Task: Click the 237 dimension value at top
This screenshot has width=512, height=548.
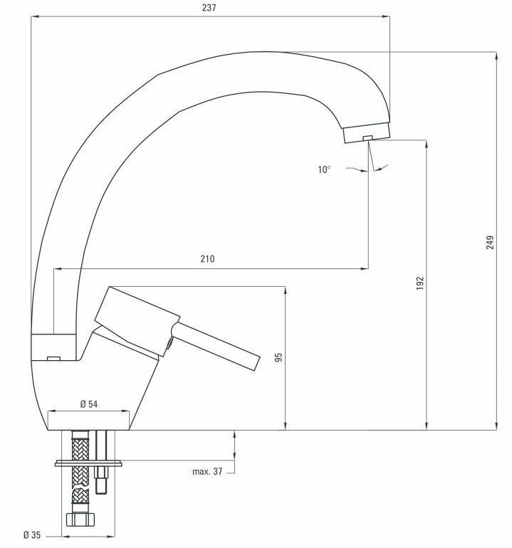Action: pos(209,8)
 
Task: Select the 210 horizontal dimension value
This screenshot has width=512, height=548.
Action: pos(207,260)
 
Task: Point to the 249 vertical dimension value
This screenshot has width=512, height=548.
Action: pos(490,242)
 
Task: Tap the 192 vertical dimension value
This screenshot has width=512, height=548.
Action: pos(420,283)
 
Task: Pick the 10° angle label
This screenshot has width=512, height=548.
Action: pos(324,169)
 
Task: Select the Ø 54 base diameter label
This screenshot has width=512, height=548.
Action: pos(88,404)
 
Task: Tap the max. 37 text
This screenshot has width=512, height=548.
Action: pos(208,471)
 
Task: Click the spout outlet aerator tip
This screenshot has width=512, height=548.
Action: pos(366,133)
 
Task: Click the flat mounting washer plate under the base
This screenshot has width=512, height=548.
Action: pos(88,463)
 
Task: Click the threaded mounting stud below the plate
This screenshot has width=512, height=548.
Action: pos(101,480)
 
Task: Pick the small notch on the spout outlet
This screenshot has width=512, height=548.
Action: pos(367,137)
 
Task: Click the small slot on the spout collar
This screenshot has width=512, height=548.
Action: pos(53,358)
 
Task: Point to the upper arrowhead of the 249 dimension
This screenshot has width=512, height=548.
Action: pos(496,56)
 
